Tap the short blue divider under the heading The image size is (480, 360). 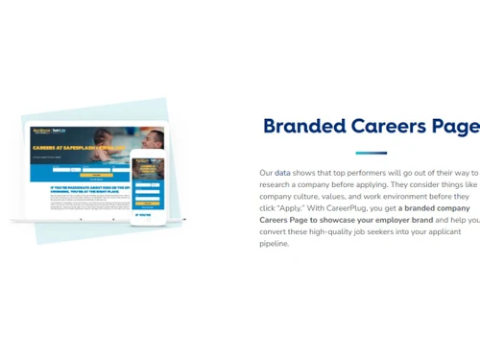[x=371, y=153]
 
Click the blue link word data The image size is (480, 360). [x=282, y=173]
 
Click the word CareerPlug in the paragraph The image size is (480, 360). [x=348, y=208]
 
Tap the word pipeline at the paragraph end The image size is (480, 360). [x=274, y=244]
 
